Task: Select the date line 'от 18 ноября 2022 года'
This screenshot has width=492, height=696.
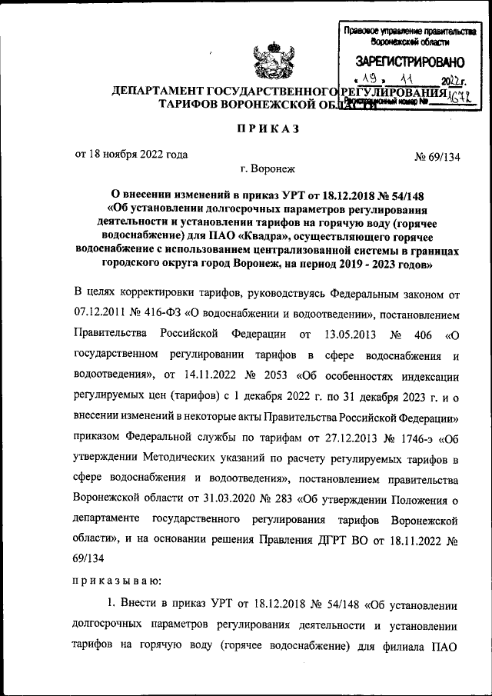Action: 131,153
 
